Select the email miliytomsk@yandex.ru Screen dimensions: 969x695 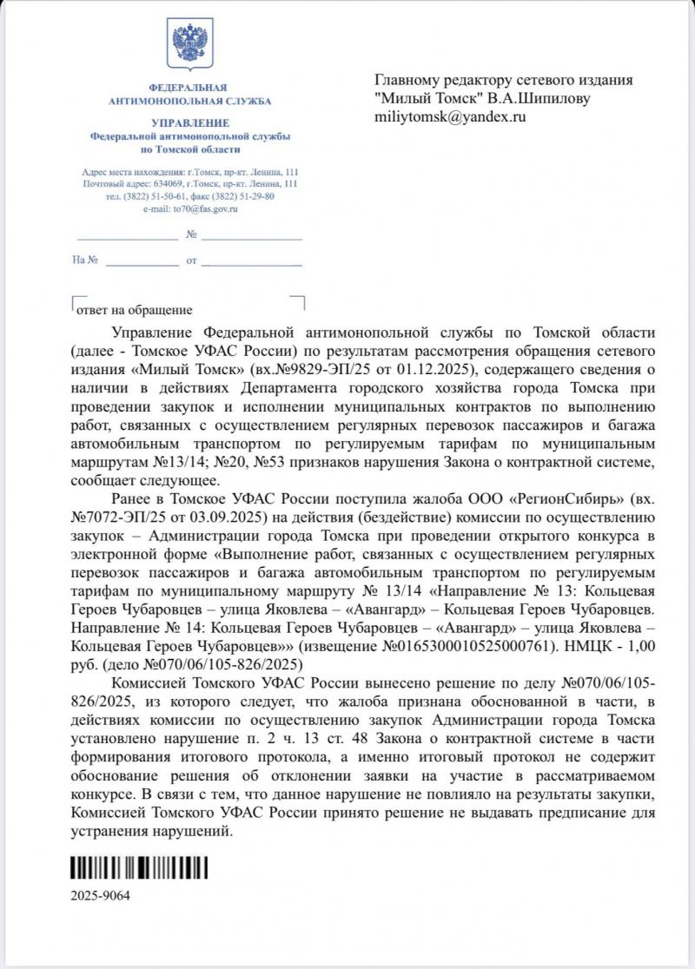[x=450, y=115]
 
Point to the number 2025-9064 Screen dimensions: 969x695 [x=100, y=897]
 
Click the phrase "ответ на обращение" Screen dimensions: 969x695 [x=135, y=309]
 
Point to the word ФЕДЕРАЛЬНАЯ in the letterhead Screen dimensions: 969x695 [x=189, y=88]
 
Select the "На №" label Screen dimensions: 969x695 [x=85, y=259]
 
